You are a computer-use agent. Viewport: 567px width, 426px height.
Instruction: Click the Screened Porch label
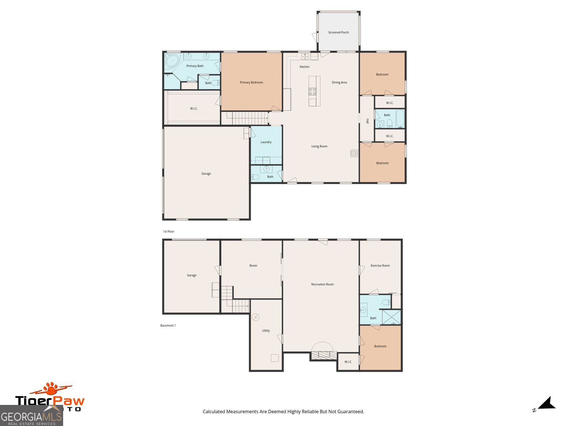pos(338,32)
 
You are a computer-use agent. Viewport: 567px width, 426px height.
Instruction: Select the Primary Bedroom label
pos(251,82)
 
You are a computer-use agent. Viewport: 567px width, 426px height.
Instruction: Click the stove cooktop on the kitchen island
pos(312,92)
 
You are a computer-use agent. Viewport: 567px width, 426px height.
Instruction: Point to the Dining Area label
pos(339,82)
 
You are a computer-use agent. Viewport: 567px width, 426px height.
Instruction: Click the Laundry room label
pos(266,142)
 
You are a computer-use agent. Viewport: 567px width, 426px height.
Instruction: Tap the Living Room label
pos(319,146)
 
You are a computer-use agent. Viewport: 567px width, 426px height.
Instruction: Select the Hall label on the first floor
pos(367,121)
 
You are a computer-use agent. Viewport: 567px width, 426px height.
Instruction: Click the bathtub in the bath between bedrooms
pos(400,119)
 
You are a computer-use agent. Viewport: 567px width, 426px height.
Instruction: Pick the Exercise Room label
pos(380,266)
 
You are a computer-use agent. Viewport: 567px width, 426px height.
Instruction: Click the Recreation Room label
pos(322,284)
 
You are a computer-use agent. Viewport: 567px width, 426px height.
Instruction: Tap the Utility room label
pos(266,331)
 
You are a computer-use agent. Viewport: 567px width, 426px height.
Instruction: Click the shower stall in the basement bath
pos(391,317)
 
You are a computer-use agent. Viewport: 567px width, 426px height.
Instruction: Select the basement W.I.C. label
pos(348,362)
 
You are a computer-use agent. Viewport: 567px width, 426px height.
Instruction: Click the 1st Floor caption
pos(168,231)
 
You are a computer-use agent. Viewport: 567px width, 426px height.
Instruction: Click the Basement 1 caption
pos(168,326)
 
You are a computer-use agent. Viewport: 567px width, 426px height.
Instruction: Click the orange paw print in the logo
pos(52,389)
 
